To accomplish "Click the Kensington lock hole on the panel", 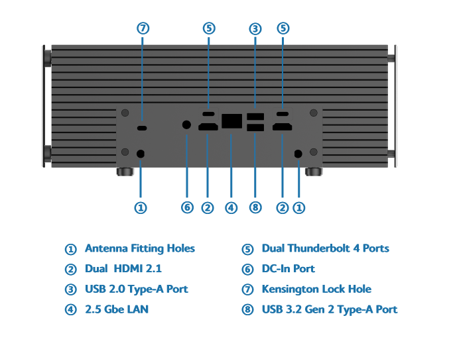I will (143, 127).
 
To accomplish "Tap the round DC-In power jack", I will (186, 125).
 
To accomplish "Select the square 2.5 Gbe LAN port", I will (231, 121).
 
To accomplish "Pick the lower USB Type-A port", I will (255, 128).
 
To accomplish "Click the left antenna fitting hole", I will (141, 154).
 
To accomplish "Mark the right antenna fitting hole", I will (298, 154).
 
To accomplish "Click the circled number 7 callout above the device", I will (143, 28).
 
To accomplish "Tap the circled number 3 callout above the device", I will (255, 28).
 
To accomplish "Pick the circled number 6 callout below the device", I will (187, 207).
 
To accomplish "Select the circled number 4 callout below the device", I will (231, 207).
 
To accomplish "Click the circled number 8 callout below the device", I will (255, 207).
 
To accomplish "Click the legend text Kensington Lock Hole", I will (316, 289).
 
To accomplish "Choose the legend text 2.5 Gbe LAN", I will (117, 309).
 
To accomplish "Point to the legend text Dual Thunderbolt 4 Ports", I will (325, 248).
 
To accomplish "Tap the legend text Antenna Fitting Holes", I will (140, 248).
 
